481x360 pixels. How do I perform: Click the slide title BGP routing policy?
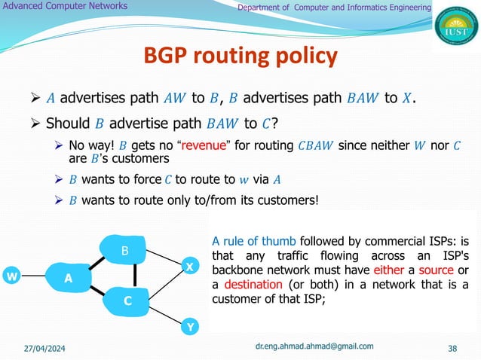pos(240,55)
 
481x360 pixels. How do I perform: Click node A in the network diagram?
pos(68,277)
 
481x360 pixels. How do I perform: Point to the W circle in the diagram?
pos(11,276)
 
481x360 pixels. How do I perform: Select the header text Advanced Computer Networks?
pos(65,7)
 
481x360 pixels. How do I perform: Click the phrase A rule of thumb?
pos(248,242)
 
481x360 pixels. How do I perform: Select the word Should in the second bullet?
pos(64,123)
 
